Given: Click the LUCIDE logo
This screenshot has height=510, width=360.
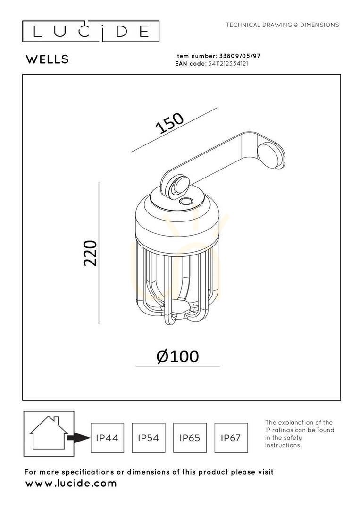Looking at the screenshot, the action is (x=91, y=32).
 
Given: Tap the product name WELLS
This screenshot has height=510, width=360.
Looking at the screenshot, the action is (x=48, y=59).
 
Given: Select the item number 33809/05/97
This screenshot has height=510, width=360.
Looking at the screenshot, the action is (x=240, y=56).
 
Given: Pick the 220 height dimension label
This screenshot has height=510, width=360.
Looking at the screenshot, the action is (x=90, y=254).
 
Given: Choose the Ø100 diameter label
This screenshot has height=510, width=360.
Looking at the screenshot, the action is (x=177, y=357).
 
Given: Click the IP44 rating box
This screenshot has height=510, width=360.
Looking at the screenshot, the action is (x=107, y=438).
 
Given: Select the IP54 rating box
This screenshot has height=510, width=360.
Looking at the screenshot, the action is (x=149, y=438).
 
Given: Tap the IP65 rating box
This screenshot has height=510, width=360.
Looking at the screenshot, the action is (x=190, y=438).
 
